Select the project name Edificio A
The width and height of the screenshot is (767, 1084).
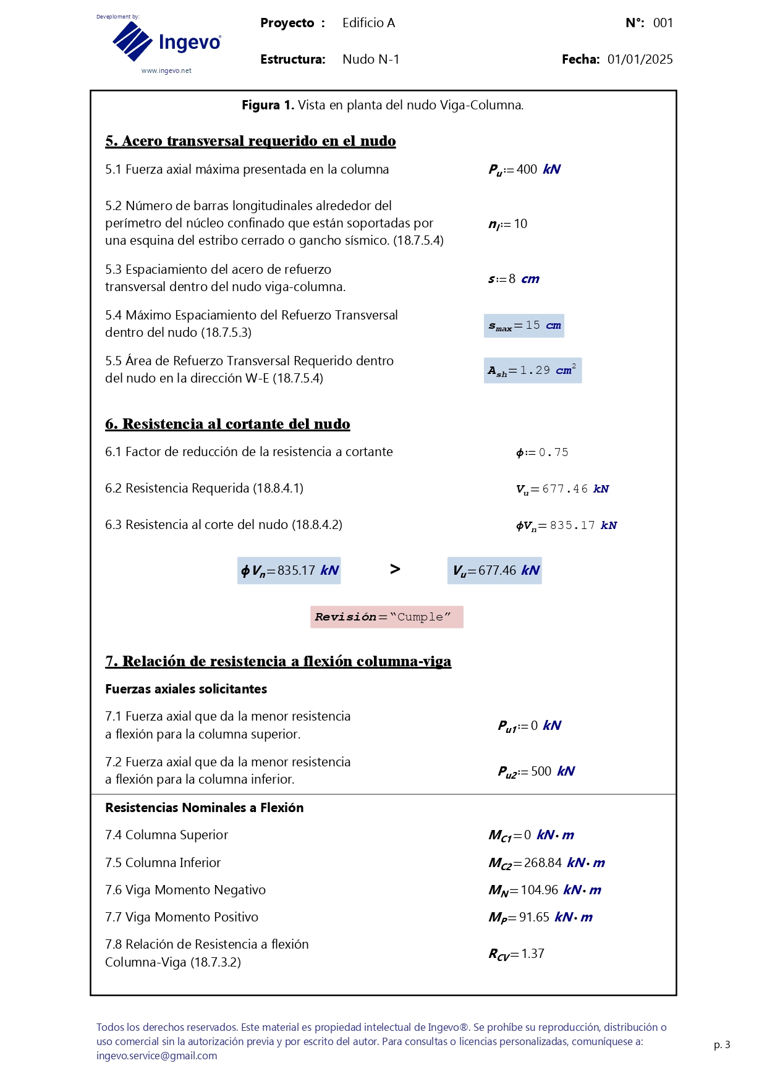point(368,23)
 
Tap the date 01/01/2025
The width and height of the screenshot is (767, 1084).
point(640,59)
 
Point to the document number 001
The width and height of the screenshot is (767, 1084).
point(663,23)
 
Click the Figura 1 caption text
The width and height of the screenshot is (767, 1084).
point(383,105)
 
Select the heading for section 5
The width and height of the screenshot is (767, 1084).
point(250,141)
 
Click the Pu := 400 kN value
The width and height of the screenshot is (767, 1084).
point(524,169)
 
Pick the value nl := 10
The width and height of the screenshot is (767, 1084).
point(508,224)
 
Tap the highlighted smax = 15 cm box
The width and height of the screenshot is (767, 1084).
point(524,326)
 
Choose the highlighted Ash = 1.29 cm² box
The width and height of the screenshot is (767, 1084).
point(532,371)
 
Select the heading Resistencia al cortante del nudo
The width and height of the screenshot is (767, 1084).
point(227,424)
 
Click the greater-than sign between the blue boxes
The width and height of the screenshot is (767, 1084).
point(395,569)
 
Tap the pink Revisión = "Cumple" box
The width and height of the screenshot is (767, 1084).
point(386,617)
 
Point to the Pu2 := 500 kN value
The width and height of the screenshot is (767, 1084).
point(536,771)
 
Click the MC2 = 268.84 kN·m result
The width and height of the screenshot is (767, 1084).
point(546,863)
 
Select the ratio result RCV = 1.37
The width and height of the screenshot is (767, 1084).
point(516,954)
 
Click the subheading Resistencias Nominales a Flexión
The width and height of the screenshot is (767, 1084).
point(204,808)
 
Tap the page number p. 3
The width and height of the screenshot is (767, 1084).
point(721,1044)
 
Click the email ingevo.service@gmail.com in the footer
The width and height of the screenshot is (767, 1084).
point(156,1056)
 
